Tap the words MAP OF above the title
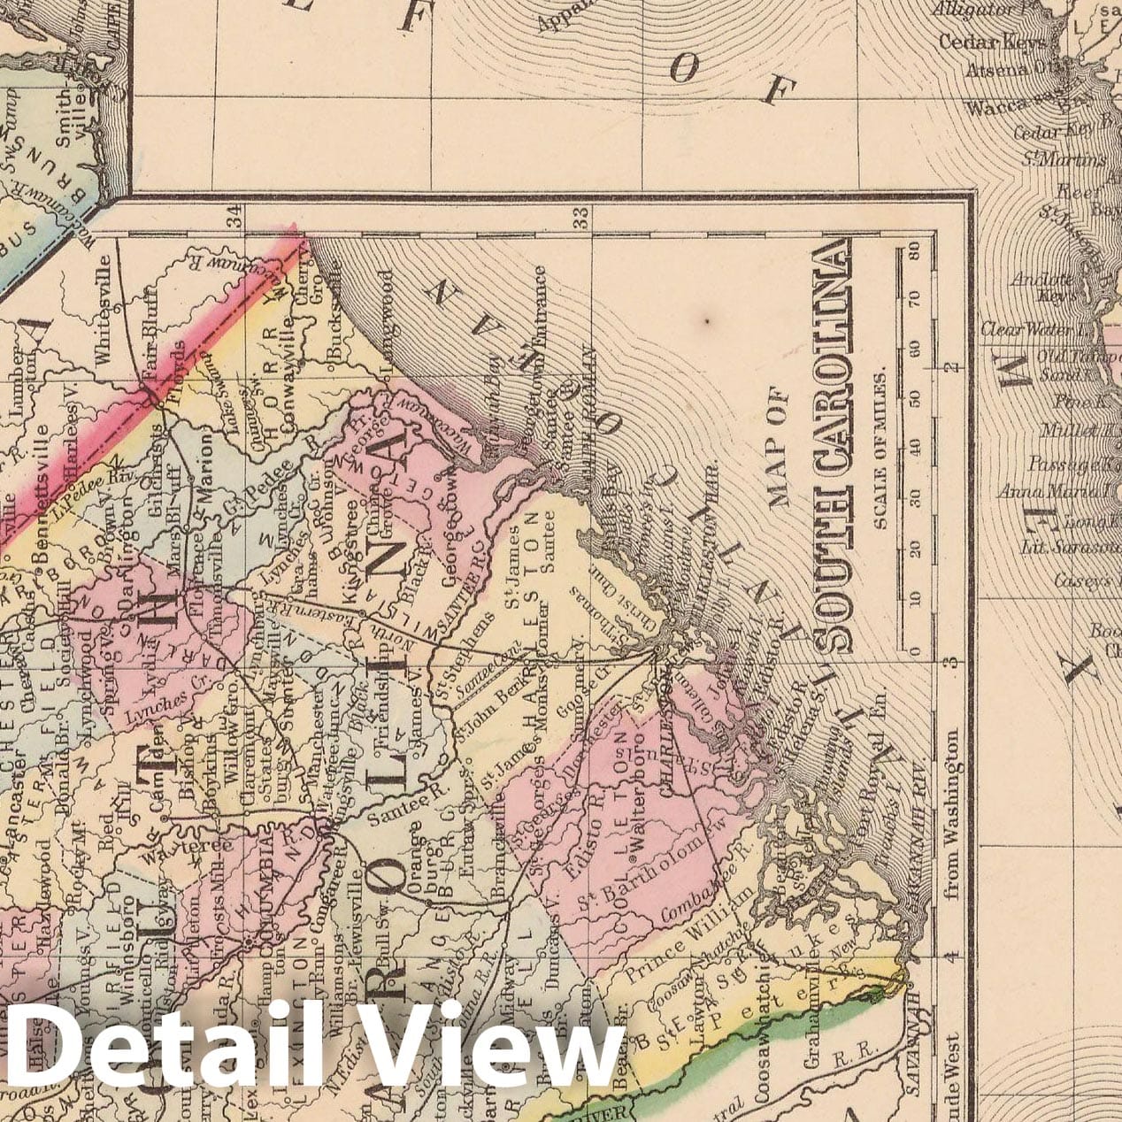(x=779, y=447)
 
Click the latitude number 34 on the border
(x=234, y=215)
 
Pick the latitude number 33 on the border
(x=580, y=217)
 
